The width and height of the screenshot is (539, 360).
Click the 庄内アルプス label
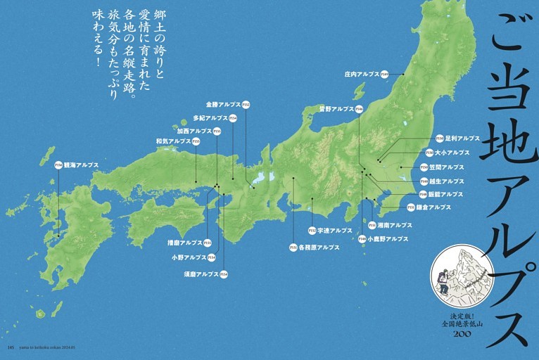pos(362,74)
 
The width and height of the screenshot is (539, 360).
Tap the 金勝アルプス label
pos(223,105)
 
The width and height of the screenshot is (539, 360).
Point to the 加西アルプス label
pos(194,131)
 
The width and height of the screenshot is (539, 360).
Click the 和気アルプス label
pos(173,141)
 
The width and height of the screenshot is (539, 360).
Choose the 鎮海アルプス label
pos(81,165)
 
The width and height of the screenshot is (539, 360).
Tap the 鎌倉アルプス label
pos(430,207)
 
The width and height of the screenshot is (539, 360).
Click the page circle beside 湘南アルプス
pos(372,225)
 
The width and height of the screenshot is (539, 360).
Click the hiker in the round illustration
pos(443,281)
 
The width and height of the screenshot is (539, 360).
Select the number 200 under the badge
pos(462,333)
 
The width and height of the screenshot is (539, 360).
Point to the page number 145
pos(10,347)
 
